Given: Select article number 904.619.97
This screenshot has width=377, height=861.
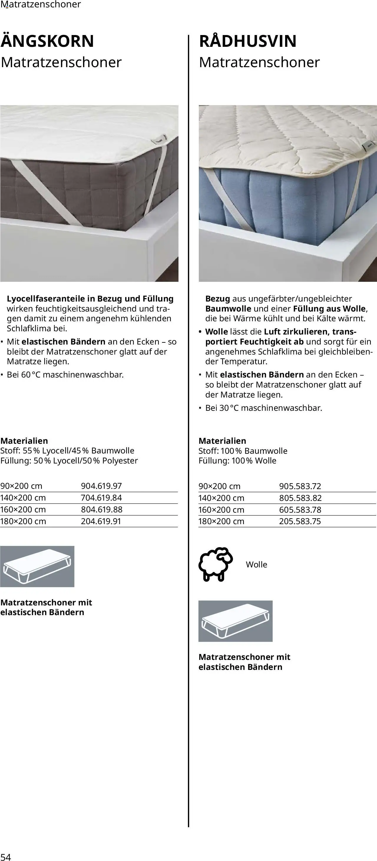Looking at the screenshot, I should coord(101,486).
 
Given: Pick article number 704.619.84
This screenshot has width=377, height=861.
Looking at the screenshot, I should coord(101,498).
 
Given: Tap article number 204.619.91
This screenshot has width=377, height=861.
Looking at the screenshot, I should coord(101,521).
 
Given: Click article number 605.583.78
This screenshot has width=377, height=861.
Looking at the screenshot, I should coord(300,510).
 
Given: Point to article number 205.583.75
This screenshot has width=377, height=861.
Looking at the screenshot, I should coord(300,521).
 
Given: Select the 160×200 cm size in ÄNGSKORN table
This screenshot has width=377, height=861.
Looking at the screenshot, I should coord(23,509).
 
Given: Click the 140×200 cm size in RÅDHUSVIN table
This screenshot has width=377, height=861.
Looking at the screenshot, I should coord(221,498).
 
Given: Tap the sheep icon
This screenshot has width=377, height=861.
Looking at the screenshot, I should coord(216,564).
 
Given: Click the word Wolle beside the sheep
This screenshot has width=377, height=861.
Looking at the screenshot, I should coord(256,564).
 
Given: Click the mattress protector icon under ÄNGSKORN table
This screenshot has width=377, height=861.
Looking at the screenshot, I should coord(37,567).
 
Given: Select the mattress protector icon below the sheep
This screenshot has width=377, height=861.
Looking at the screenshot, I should coord(235,621).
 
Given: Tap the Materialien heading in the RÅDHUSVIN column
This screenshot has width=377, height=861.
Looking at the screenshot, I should coord(222,441).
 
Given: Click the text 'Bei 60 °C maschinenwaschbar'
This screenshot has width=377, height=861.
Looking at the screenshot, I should coord(65,375).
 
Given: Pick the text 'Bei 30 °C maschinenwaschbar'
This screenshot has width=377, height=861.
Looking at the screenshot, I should coord(264,408).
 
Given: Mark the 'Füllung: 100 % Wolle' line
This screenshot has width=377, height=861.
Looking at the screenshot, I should coord(237,461).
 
